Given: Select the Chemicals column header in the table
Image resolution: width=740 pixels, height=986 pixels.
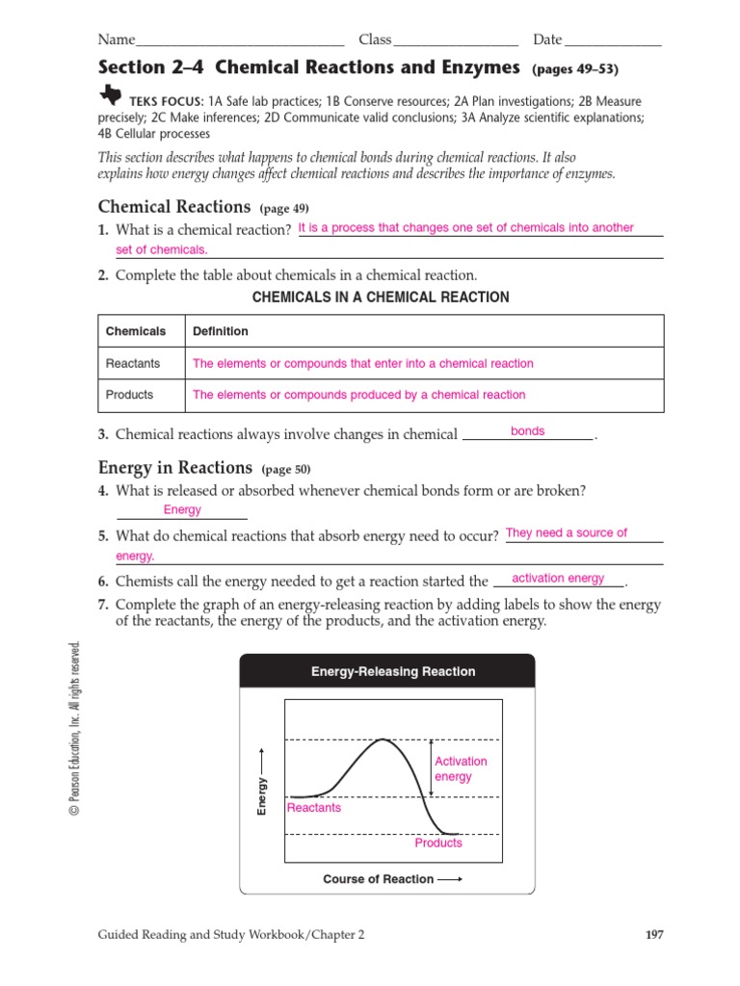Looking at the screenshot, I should pos(136,331).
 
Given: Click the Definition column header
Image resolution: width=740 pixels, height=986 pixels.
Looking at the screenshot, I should pos(221,331).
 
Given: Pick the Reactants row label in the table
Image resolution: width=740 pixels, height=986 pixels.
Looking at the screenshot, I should pos(133,364).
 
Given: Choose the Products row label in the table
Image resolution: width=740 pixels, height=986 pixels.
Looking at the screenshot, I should pos(129,395).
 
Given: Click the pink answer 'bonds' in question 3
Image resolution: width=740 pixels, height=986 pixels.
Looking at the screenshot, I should pos(527,431).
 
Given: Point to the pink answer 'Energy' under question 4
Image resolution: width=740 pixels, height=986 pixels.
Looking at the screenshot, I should pos(182,510).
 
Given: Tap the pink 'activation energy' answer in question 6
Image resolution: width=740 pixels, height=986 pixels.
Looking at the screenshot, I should pos(558,579).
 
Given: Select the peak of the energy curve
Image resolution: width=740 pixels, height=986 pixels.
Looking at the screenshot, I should pos(383,739).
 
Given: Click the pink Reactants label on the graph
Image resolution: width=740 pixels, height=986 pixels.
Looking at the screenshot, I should pos(314,808).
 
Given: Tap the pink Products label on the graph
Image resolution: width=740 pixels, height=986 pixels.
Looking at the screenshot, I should pos(438,843).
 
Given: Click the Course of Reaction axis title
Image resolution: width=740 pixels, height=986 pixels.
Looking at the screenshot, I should pos(378,879).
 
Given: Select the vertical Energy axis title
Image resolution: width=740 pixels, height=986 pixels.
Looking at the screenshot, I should pos(262,797).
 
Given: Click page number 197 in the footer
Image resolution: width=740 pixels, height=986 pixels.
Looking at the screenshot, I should pos(652,934).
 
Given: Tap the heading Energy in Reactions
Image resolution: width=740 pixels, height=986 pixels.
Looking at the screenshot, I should pos(174,468).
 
